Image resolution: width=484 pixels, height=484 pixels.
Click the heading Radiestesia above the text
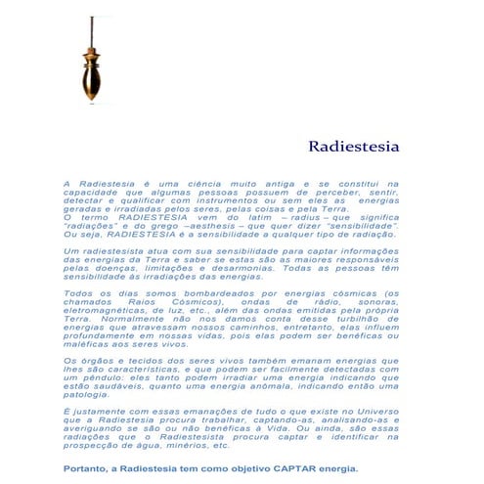coord(353,147)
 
